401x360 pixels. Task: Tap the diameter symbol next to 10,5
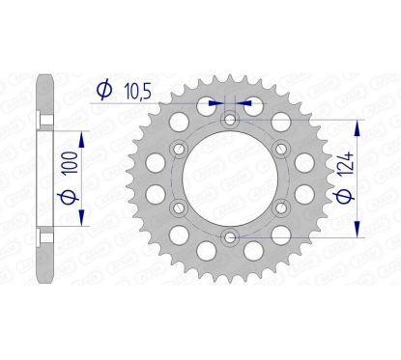[101, 91]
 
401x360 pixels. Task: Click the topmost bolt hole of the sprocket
[229, 119]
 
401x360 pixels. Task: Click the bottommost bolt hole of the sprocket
[229, 237]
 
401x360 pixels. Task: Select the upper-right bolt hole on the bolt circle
[280, 149]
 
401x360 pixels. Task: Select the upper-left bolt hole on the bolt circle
[178, 149]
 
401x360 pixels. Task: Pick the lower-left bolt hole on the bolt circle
[178, 208]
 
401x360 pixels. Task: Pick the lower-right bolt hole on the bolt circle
[280, 208]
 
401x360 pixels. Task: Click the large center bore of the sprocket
[229, 179]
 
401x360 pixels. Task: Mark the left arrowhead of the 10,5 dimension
[217, 99]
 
